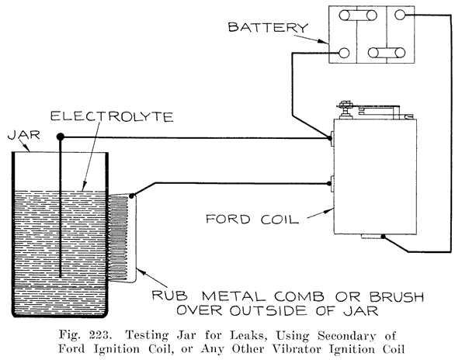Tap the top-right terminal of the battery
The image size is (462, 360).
pyautogui.click(x=401, y=14)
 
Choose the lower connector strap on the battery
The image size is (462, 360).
pyautogui.click(x=384, y=53)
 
